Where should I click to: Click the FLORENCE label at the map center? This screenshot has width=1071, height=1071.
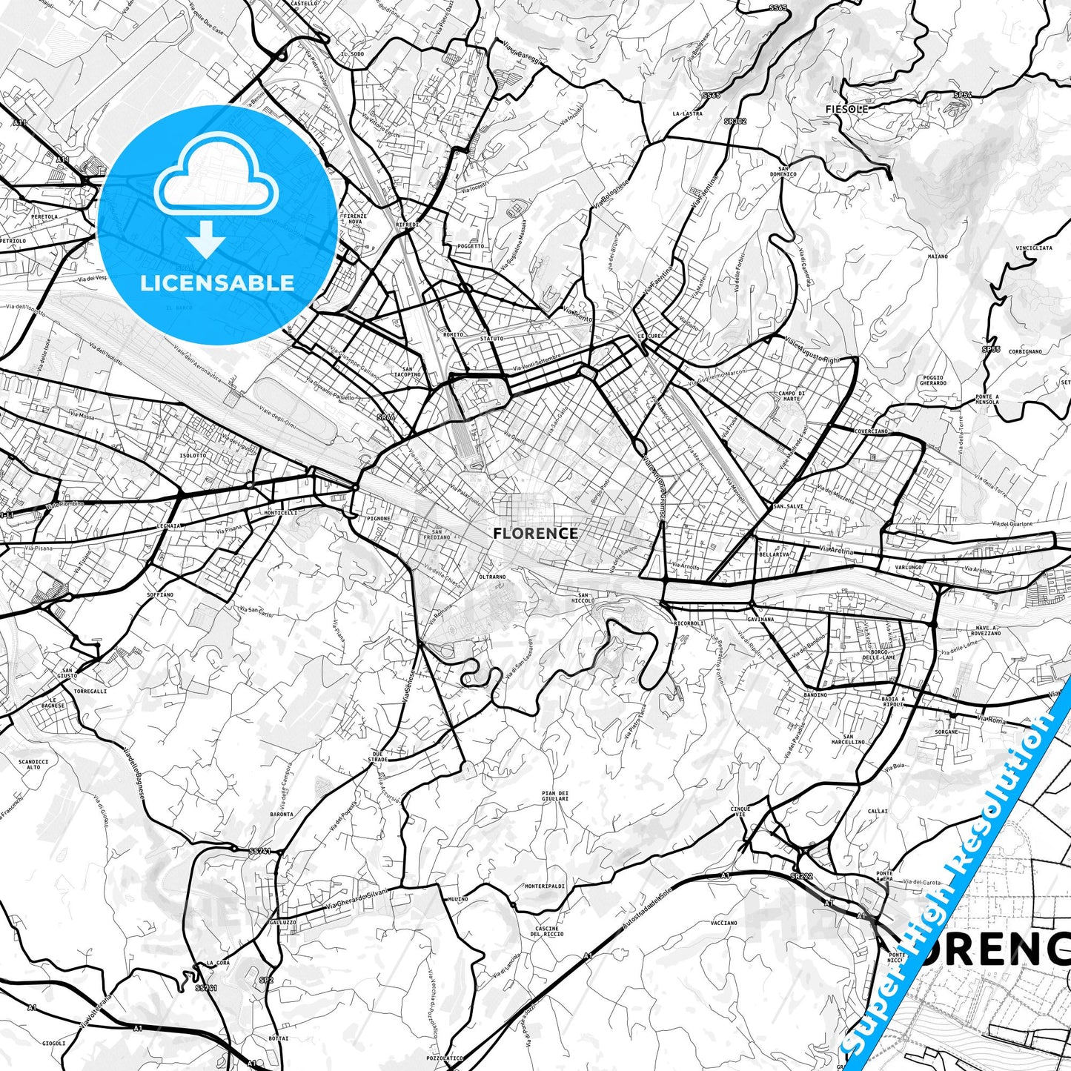point(535,533)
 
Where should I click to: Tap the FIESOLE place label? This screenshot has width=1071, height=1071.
point(846,109)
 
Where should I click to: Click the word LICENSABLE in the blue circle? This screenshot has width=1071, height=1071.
point(217,282)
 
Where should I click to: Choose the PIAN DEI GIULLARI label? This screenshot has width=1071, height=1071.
point(555,796)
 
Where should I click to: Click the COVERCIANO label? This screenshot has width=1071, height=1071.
point(871,431)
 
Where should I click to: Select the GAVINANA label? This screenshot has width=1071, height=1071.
point(761,619)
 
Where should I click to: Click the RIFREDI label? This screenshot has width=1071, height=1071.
point(408,224)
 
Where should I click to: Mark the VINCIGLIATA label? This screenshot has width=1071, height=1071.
point(1034,248)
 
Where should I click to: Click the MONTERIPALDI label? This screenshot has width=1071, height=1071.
point(545,886)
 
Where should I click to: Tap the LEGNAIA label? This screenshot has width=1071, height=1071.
point(169,525)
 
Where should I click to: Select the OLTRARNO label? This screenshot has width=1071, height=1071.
point(492,576)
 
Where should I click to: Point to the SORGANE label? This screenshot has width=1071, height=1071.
point(946,732)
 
